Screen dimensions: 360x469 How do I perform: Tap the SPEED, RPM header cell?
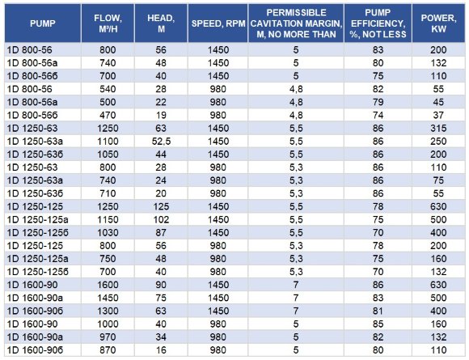217,23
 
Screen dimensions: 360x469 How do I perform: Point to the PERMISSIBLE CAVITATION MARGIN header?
297,23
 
